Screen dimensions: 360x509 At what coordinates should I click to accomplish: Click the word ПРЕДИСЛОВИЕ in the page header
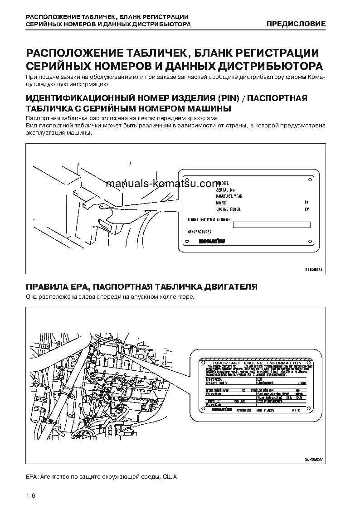point(296,24)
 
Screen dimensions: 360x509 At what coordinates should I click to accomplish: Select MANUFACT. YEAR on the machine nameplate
point(229,196)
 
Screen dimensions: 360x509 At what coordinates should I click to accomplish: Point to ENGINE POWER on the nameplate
point(229,209)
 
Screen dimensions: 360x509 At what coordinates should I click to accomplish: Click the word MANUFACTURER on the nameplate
point(199,232)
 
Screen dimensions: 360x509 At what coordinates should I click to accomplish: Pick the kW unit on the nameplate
point(307,209)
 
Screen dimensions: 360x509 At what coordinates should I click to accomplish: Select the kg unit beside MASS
point(307,203)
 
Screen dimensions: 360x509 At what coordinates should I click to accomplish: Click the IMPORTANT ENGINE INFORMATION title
point(257,363)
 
